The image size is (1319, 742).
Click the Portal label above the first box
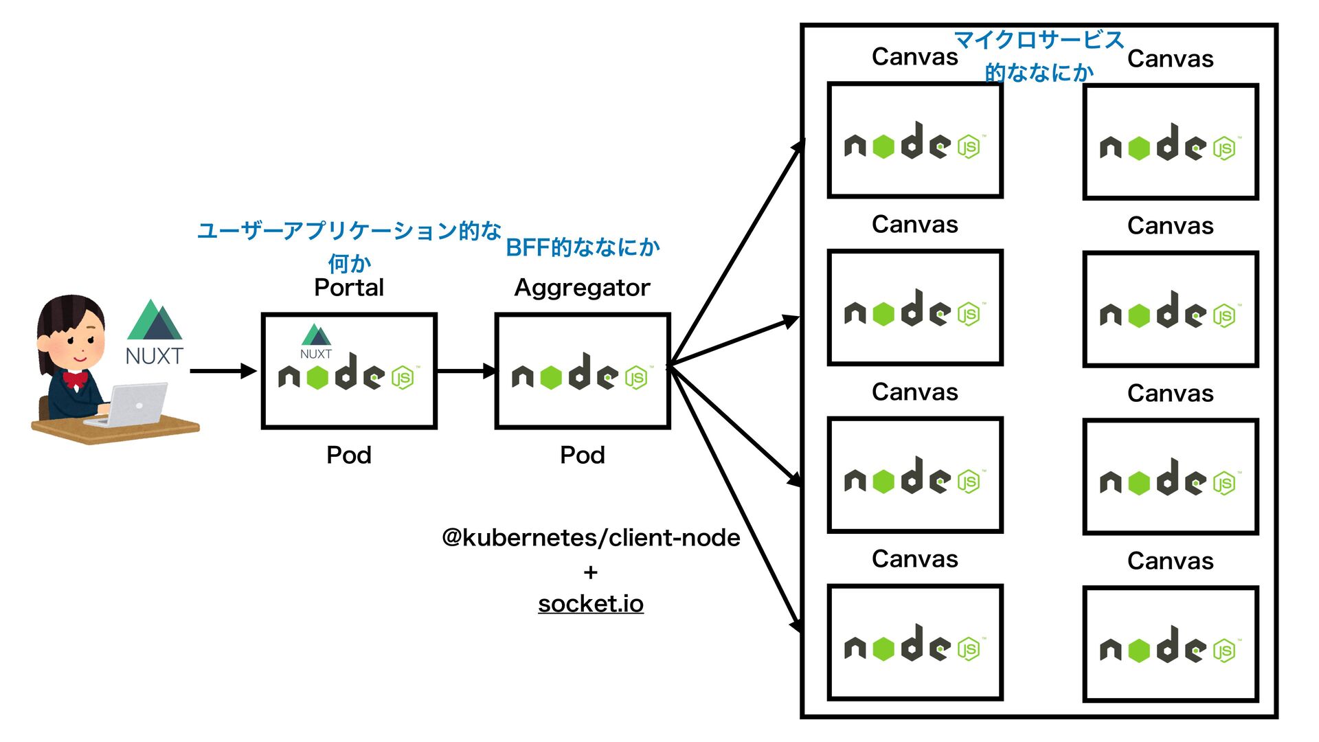348,287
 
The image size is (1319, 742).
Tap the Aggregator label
582,287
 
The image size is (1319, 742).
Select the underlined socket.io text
590,604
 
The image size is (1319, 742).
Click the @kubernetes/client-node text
591,537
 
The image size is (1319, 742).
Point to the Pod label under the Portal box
348,455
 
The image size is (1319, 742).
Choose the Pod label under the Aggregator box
582,455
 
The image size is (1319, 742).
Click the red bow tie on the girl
75,379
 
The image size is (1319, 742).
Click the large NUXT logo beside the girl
155,333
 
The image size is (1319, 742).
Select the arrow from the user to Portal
223,371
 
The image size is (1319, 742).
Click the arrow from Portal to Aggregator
466,371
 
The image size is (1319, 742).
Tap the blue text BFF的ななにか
583,247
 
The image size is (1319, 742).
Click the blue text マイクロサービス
1039,40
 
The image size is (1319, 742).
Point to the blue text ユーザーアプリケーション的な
349,231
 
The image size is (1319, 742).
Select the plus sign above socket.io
590,572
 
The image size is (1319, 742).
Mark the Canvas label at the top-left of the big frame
914,56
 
